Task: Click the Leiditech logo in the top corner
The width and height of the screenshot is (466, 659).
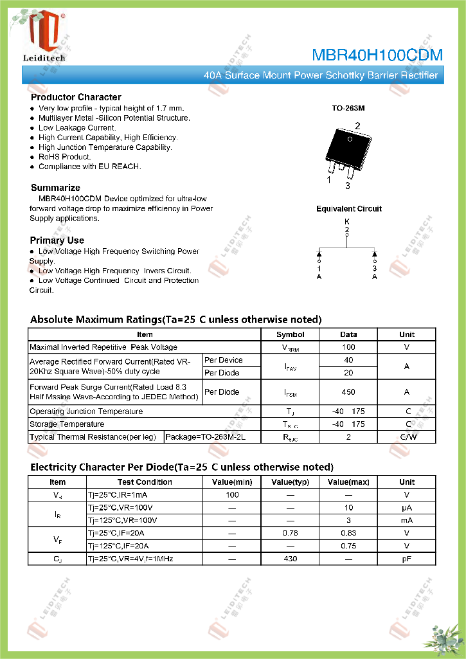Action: [x=44, y=36]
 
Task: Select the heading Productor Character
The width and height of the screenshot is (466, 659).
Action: [x=76, y=97]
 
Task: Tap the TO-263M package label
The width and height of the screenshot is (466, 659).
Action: [x=348, y=109]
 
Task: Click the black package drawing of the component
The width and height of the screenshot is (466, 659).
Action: [x=348, y=147]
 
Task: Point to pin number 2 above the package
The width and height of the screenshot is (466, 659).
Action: [x=357, y=126]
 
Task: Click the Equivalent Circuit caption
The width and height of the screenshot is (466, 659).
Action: [x=348, y=209]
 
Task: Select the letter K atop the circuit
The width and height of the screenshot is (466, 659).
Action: [x=347, y=221]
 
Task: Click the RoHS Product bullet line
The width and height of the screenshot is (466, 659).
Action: [x=64, y=157]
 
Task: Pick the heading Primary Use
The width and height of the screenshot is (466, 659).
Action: [x=57, y=240]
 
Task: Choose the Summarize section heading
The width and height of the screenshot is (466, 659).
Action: [x=55, y=188]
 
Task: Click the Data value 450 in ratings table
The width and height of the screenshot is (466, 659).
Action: [x=348, y=392]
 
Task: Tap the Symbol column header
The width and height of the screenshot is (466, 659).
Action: [x=290, y=334]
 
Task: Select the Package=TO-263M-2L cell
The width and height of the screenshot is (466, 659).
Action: [x=205, y=437]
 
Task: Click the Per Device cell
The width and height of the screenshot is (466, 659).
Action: [x=223, y=360]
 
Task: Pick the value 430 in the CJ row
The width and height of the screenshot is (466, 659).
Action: [x=291, y=559]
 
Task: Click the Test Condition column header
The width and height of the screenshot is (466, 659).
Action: [x=145, y=482]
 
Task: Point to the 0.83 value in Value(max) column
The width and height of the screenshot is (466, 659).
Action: [x=348, y=534]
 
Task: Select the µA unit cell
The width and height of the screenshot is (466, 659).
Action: [x=406, y=508]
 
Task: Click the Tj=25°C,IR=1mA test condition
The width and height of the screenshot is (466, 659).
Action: [x=117, y=495]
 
